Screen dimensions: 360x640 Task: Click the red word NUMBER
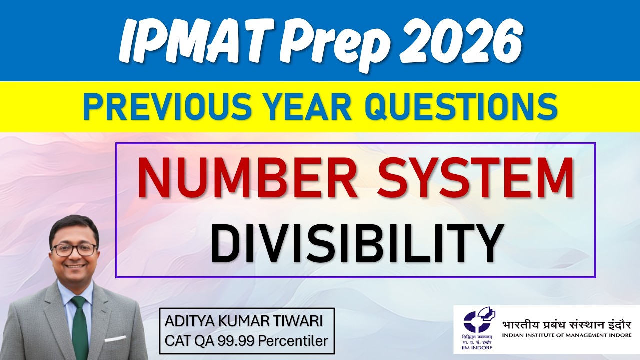(x=248, y=178)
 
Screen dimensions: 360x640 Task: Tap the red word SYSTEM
(x=475, y=178)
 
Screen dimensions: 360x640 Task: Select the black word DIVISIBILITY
(x=355, y=244)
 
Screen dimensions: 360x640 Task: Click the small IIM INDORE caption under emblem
(x=478, y=348)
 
